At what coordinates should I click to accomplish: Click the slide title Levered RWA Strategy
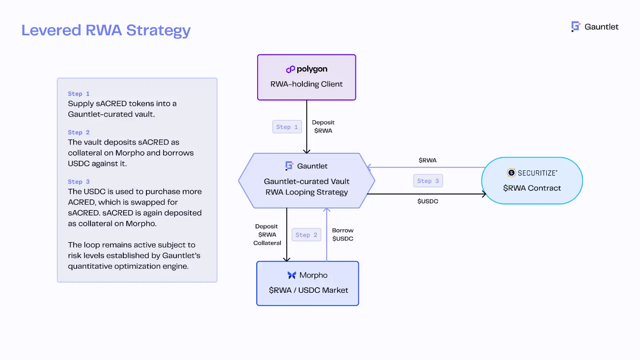pos(106,30)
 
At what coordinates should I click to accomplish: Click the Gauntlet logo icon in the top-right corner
pos(576,26)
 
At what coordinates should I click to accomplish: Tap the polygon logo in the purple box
pos(290,69)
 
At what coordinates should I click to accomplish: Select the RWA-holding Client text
pos(306,84)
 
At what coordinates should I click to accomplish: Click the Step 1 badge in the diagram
pos(287,127)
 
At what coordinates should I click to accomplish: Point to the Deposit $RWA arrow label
pos(323,126)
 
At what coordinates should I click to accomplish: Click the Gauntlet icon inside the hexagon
pos(289,166)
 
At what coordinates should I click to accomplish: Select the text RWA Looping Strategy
pos(306,192)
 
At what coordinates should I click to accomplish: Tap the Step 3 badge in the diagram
pos(428,181)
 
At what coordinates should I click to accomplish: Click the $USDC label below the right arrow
pos(428,201)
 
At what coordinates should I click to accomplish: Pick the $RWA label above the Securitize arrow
pos(427,160)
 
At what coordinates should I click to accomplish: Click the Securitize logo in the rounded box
pos(511,173)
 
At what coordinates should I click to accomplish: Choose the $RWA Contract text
pos(532,188)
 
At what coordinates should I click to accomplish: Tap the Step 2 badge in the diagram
pos(306,235)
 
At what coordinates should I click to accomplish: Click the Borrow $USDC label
pos(342,234)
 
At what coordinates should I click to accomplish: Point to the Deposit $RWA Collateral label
pos(267,234)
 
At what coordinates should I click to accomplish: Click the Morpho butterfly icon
pos(292,275)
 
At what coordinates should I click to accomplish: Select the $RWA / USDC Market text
pos(308,290)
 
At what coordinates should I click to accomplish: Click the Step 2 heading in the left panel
pos(78,132)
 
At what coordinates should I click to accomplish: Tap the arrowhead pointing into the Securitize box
pos(484,194)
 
